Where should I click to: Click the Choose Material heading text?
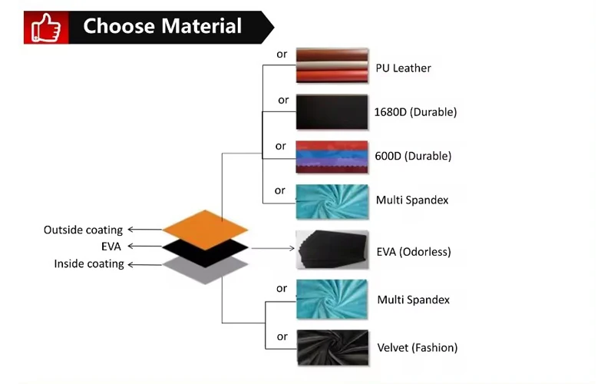pyautogui.click(x=162, y=26)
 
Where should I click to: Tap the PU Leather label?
pyautogui.click(x=403, y=68)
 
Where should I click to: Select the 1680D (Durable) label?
pyautogui.click(x=415, y=112)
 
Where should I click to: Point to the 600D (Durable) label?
pyautogui.click(x=413, y=156)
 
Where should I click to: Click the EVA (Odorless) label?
pyautogui.click(x=413, y=252)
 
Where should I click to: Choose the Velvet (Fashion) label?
pyautogui.click(x=417, y=348)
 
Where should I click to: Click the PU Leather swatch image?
pyautogui.click(x=332, y=65)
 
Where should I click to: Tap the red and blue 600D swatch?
pyautogui.click(x=332, y=157)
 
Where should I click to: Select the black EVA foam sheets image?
pyautogui.click(x=332, y=250)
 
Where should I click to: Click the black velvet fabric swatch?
pyautogui.click(x=332, y=347)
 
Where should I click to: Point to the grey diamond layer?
pyautogui.click(x=206, y=269)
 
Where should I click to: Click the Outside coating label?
pyautogui.click(x=83, y=230)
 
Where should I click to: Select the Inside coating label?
pyautogui.click(x=88, y=264)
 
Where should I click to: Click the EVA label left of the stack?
pyautogui.click(x=111, y=247)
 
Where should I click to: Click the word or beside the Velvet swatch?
pyautogui.click(x=282, y=336)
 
